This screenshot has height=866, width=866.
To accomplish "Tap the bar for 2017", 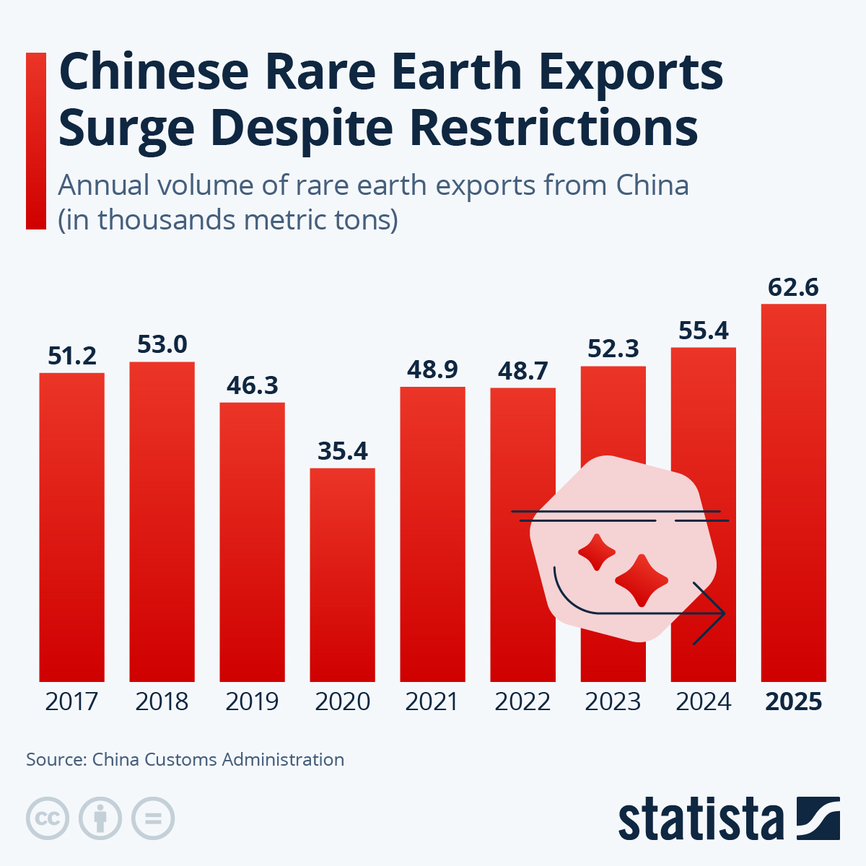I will [x=71, y=527].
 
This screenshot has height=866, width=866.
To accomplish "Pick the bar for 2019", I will [x=252, y=541].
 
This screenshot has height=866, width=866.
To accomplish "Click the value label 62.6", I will [x=793, y=287].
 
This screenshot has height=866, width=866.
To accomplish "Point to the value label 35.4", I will [x=342, y=451].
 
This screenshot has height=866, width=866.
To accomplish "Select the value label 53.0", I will [x=162, y=345].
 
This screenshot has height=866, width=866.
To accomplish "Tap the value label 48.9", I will [x=432, y=369].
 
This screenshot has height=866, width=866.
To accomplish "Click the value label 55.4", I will [x=703, y=331].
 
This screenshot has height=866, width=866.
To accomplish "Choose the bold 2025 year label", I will [x=793, y=701].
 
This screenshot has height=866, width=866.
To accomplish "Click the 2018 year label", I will [x=162, y=701].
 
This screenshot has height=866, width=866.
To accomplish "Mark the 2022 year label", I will [x=522, y=701].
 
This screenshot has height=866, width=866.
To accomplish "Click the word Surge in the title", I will [x=126, y=128].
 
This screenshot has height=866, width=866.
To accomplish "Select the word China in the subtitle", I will [x=652, y=185].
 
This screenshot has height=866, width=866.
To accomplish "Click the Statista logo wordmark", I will [x=700, y=820].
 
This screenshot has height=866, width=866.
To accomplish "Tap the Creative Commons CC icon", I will [x=48, y=819].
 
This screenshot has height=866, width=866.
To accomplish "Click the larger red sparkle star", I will [x=641, y=580].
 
